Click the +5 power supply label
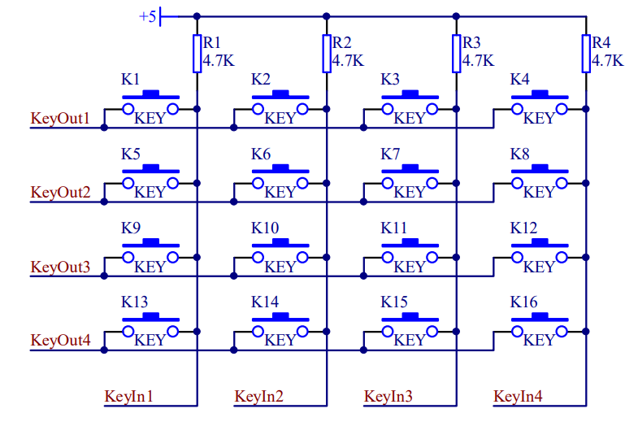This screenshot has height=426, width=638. click(x=148, y=16)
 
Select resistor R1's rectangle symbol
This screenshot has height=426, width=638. click(x=197, y=54)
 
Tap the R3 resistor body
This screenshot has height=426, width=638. click(x=456, y=54)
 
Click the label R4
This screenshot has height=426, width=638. click(x=601, y=42)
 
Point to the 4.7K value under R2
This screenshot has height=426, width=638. click(x=348, y=60)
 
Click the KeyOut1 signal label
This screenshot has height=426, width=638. click(x=61, y=118)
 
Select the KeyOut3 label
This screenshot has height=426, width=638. click(x=61, y=267)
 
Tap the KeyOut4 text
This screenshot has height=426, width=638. click(x=61, y=341)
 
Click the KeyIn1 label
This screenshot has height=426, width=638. click(x=129, y=397)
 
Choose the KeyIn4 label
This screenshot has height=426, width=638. click(x=518, y=397)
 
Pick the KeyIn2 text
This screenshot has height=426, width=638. click(x=259, y=397)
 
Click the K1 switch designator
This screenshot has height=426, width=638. click(x=130, y=80)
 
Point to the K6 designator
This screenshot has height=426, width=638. click(x=261, y=154)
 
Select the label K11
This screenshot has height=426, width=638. click(x=394, y=228)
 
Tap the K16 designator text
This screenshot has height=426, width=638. click(x=523, y=302)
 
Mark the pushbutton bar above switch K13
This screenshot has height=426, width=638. click(x=150, y=318)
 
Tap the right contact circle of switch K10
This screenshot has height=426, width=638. click(x=302, y=257)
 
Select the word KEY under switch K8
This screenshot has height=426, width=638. click(x=539, y=193)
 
